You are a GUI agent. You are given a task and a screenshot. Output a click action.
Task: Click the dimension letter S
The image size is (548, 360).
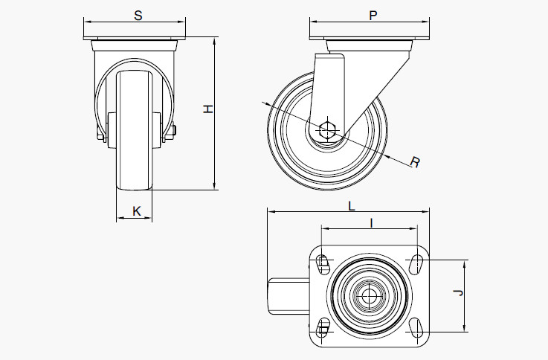pyautogui.click(x=138, y=16)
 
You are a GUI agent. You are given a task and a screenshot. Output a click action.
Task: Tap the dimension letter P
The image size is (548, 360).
pyautogui.click(x=372, y=16)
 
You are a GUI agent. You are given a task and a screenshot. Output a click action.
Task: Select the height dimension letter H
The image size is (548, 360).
pyautogui.click(x=209, y=109)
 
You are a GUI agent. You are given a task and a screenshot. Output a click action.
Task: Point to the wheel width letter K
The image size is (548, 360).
pyautogui.click(x=136, y=210)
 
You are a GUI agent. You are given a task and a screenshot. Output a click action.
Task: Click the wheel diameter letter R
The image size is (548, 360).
pyautogui.click(x=415, y=161)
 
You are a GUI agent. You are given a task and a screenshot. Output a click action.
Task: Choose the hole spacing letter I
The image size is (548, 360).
pyautogui.click(x=370, y=221)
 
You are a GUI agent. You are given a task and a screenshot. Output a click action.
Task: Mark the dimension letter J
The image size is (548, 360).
pyautogui.click(x=459, y=295)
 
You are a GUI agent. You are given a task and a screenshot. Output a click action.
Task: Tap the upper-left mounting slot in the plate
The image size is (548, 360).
pyautogui.click(x=323, y=262)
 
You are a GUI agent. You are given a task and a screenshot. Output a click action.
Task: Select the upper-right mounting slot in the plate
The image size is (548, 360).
pyautogui.click(x=416, y=262)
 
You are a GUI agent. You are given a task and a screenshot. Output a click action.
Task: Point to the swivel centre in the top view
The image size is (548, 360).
pyautogui.click(x=367, y=295)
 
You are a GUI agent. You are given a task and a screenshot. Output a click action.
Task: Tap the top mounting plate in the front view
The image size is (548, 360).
pyautogui.click(x=134, y=39)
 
